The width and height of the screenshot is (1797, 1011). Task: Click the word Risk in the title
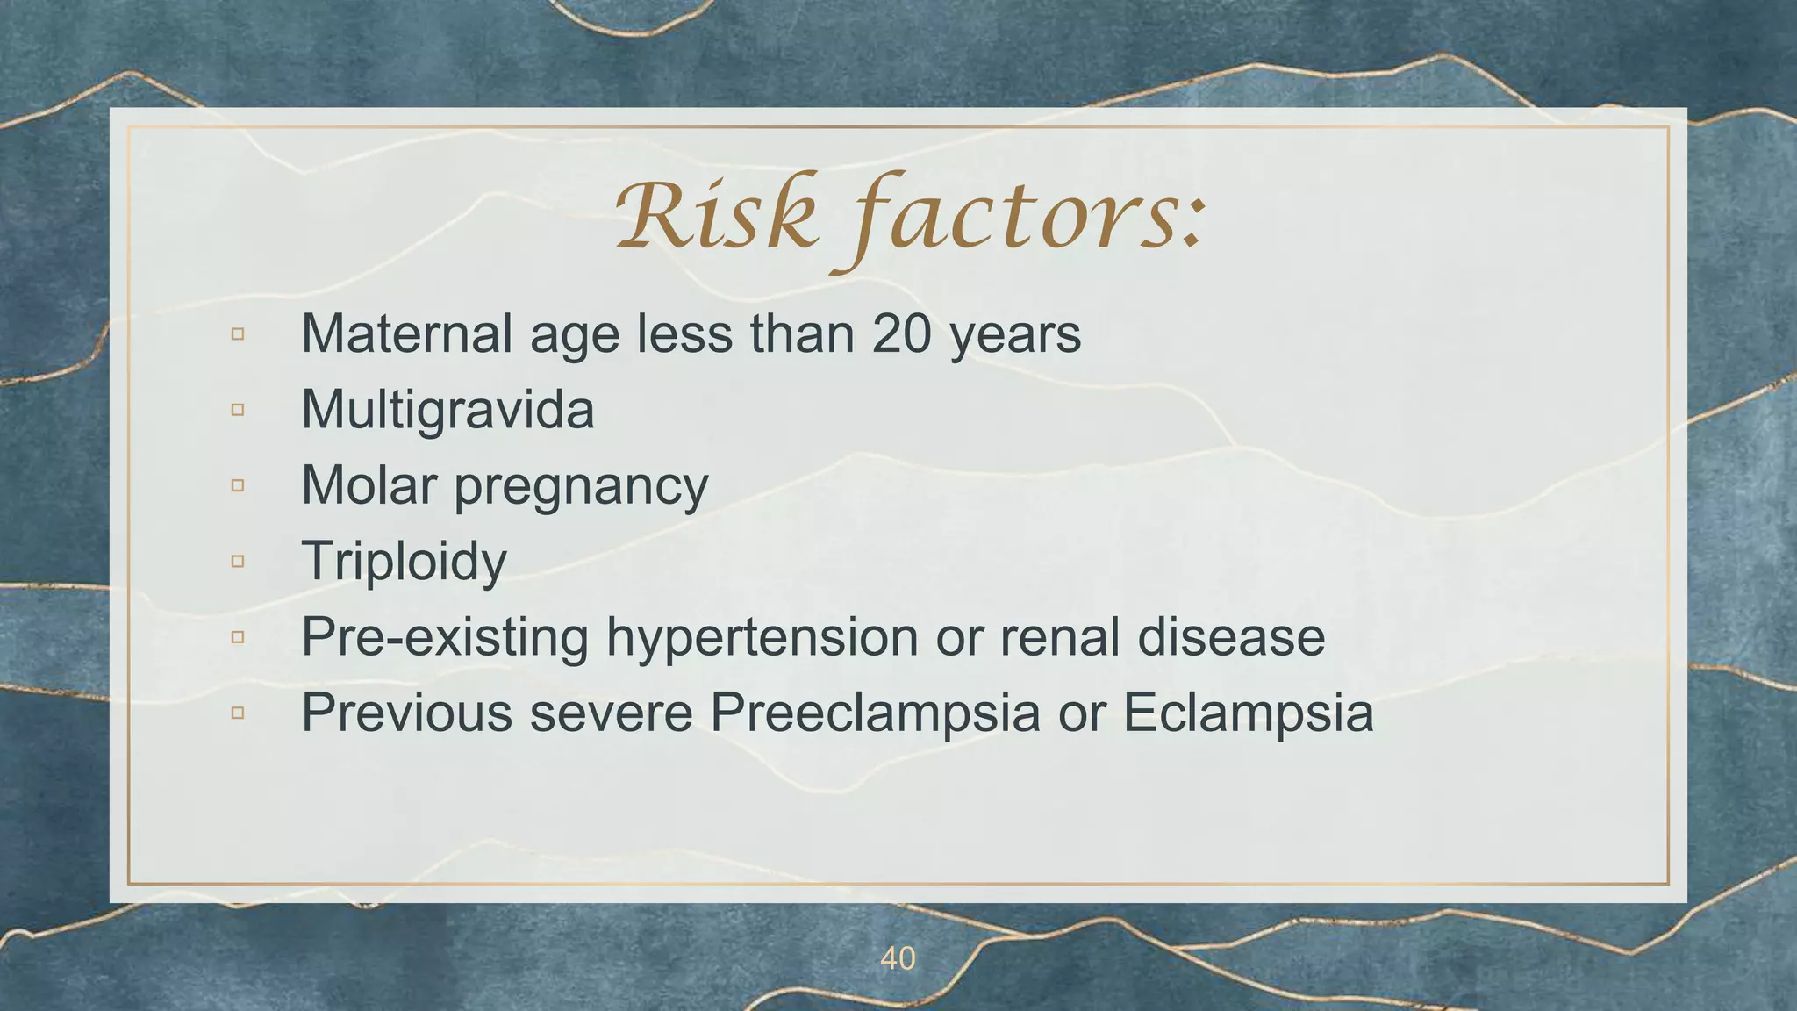[716, 216]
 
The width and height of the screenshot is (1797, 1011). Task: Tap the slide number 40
[898, 959]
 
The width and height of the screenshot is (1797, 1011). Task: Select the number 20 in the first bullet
[901, 334]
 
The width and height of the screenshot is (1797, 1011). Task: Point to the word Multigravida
[447, 410]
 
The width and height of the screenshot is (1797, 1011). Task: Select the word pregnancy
[581, 488]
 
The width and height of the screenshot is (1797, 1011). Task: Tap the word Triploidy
[404, 562]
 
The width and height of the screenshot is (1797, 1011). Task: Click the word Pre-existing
[444, 637]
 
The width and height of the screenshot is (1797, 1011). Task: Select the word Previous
[406, 713]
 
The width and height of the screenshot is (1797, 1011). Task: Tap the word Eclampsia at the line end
[1248, 713]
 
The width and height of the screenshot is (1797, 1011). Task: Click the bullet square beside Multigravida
[238, 410]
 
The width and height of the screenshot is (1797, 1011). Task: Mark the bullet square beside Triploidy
[238, 561]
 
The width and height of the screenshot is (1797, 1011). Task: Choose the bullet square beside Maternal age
[238, 334]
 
